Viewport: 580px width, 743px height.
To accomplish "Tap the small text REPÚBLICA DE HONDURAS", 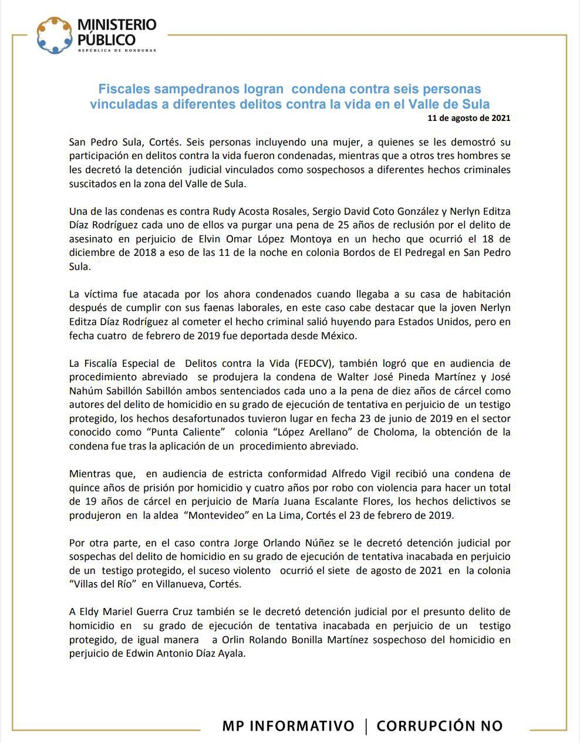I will [117, 50].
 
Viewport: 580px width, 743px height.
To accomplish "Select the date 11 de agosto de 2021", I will [469, 118].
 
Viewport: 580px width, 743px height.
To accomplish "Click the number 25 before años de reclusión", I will [346, 225].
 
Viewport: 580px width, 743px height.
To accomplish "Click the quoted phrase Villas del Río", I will [103, 585].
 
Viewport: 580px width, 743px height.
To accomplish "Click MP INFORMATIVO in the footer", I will [288, 727].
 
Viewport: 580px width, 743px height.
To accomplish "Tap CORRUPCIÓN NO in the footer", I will [440, 727].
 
